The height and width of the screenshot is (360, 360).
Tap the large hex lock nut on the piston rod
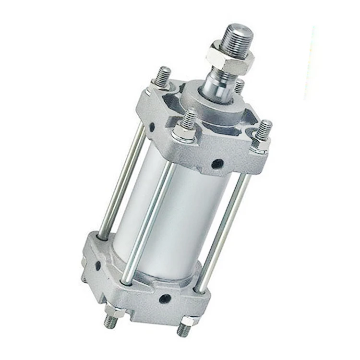point(230,57)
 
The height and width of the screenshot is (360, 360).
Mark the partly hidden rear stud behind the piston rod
point(239,86)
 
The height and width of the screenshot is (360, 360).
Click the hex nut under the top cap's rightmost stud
point(259,143)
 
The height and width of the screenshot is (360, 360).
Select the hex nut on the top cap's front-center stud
point(184,133)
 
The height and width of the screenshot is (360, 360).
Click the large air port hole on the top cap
point(217,164)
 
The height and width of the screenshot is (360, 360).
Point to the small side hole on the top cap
point(152,127)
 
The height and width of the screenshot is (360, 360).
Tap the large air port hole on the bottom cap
point(165,299)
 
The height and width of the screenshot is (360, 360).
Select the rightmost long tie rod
point(223,230)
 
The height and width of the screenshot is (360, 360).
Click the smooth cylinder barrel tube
point(182,216)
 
